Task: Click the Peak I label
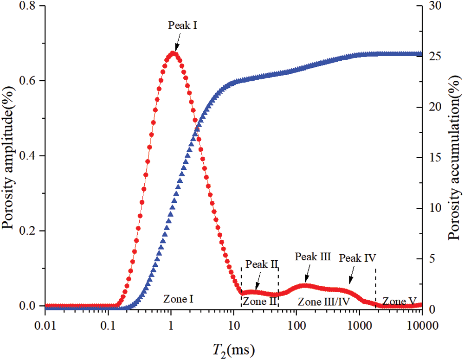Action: [183, 26]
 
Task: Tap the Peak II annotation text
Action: [262, 264]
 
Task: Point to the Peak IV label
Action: [357, 258]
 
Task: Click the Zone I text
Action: [178, 299]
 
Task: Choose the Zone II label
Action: [260, 302]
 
